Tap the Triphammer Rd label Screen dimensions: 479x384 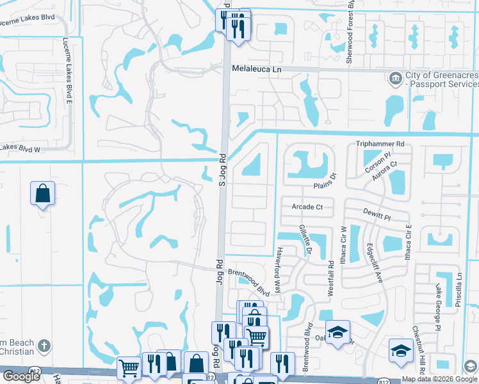click(x=381, y=145)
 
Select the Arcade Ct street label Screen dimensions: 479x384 click(x=307, y=207)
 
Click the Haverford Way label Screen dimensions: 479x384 click(x=279, y=271)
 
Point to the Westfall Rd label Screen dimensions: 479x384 click(x=331, y=276)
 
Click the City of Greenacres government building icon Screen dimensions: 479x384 click(x=395, y=79)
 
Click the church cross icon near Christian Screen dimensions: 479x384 click(x=44, y=345)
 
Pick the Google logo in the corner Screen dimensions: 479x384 click(x=20, y=376)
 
